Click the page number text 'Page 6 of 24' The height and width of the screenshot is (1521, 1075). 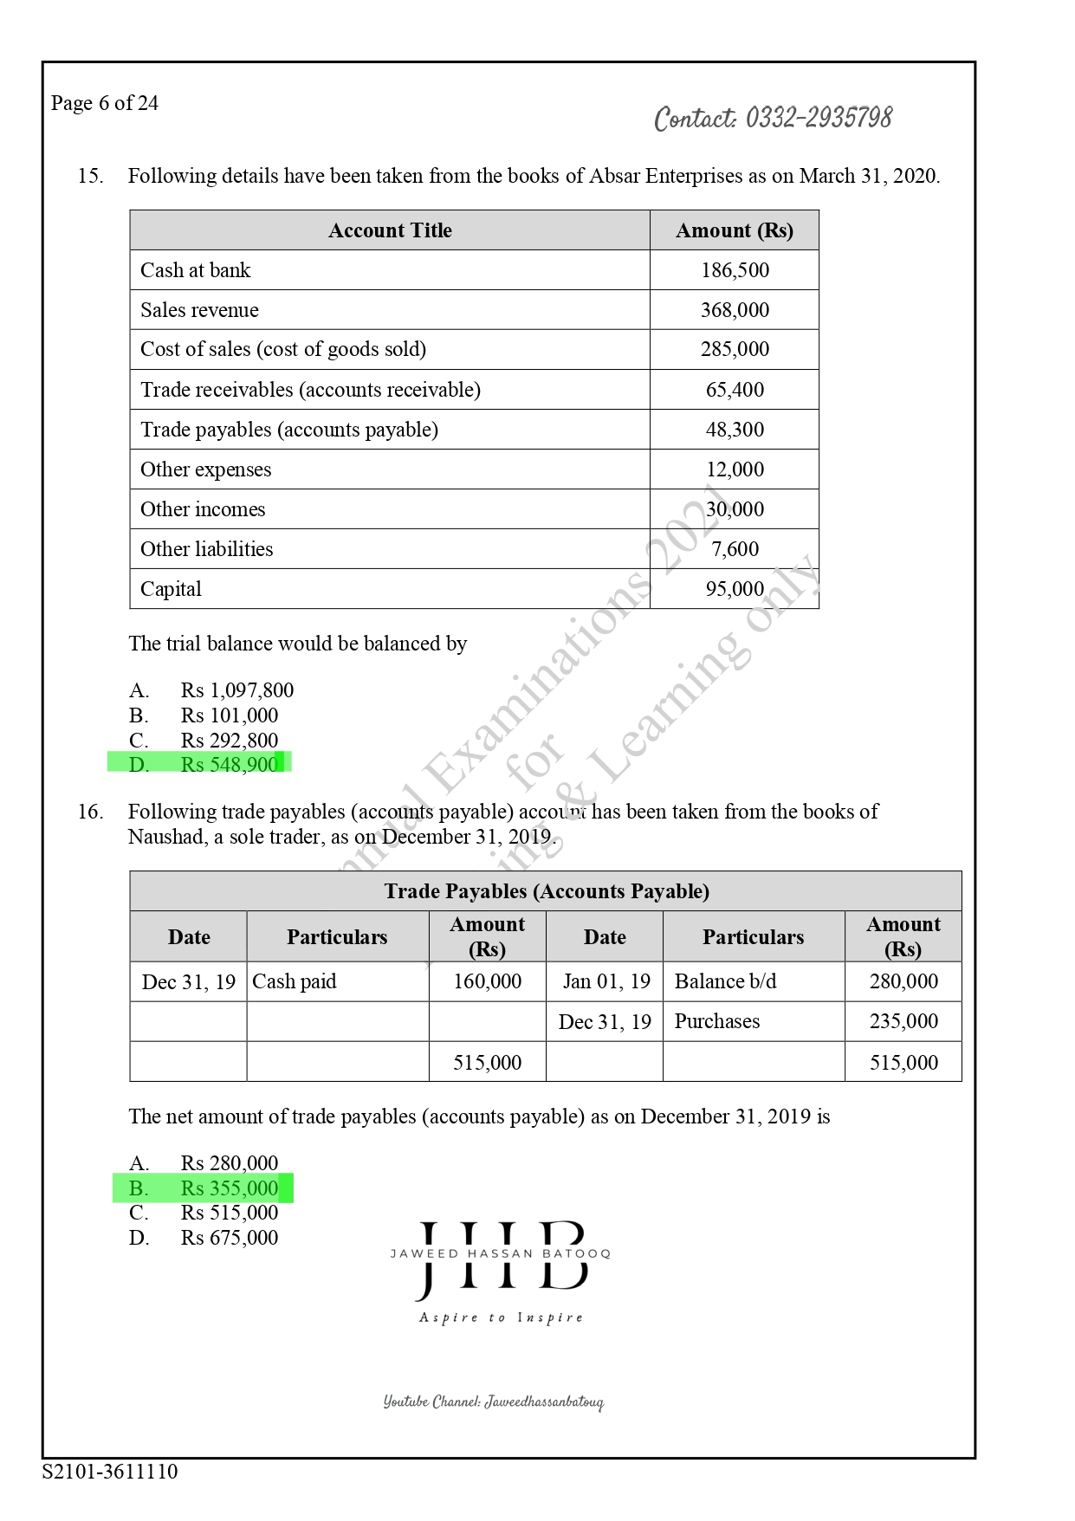105,103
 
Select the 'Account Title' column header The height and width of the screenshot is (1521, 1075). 390,230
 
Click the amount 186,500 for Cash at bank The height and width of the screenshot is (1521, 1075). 735,270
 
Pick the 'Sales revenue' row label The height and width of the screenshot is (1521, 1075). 199,310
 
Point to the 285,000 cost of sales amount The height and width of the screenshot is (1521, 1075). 735,349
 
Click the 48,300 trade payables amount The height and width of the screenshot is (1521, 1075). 735,430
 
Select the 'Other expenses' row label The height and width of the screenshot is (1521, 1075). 205,469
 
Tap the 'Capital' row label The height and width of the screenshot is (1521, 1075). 171,589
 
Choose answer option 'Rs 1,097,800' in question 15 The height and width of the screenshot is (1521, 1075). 236,690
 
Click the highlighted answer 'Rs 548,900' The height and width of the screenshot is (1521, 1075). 229,764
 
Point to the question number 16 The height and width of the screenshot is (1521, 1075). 90,812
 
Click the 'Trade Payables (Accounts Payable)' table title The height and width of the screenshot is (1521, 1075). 546,891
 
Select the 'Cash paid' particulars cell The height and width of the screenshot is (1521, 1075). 294,981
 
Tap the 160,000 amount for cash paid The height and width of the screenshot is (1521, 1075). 487,981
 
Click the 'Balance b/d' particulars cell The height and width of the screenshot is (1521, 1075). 725,981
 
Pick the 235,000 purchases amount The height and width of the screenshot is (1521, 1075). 903,1021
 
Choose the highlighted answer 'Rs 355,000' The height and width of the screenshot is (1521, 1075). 229,1188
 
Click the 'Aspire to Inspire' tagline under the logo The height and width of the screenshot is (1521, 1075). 501,1317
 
